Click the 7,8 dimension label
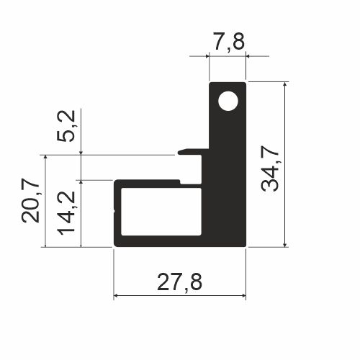(229, 42)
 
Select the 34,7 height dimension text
(270, 168)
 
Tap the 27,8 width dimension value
(179, 282)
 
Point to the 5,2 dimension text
(66, 126)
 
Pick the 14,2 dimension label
(66, 212)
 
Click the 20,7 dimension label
(30, 200)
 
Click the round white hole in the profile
(228, 101)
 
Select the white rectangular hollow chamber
(161, 212)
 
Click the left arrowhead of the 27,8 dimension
(115, 296)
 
